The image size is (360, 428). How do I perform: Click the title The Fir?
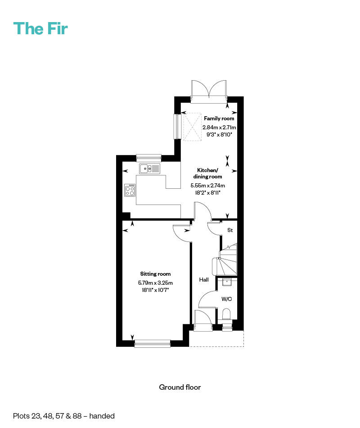pos(40,28)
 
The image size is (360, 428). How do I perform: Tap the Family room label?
pos(219,118)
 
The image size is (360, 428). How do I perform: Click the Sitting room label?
pos(155,274)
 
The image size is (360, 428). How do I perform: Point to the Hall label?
pos(204,280)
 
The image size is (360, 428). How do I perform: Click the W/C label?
pos(226,299)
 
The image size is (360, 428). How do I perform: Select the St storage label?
pos(229,230)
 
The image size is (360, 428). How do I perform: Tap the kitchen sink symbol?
pos(150,169)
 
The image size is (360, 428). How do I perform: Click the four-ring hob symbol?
pos(130,190)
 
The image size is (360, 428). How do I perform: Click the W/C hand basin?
pos(227,282)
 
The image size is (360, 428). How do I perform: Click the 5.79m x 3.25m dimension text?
pos(155,282)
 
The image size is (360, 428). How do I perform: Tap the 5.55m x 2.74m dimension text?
pos(208,185)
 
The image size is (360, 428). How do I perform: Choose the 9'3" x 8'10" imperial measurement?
pos(219,134)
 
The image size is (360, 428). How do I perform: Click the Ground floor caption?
pos(180,387)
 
